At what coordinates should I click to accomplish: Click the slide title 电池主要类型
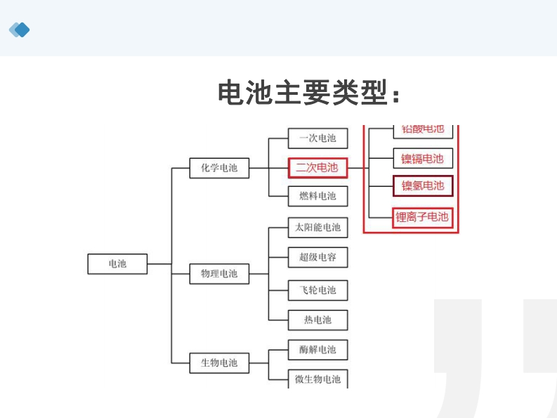pyautogui.click(x=309, y=93)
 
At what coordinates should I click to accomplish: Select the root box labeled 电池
pyautogui.click(x=117, y=263)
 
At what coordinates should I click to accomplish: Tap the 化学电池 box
pyautogui.click(x=219, y=168)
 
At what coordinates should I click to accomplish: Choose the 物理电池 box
pyautogui.click(x=219, y=273)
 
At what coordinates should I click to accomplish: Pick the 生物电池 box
pyautogui.click(x=219, y=363)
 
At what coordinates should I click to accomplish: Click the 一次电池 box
pyautogui.click(x=317, y=138)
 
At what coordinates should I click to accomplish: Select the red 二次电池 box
pyautogui.click(x=317, y=168)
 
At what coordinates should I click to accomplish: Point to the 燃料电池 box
pyautogui.click(x=317, y=196)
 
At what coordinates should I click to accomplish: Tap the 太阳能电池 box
pyautogui.click(x=317, y=228)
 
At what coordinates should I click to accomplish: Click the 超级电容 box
pyautogui.click(x=317, y=257)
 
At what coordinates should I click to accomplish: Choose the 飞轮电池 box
pyautogui.click(x=317, y=290)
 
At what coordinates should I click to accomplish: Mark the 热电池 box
pyautogui.click(x=317, y=320)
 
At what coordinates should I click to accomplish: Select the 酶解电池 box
pyautogui.click(x=317, y=349)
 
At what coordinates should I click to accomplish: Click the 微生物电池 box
pyautogui.click(x=317, y=379)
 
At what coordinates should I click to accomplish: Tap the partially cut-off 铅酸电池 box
pyautogui.click(x=423, y=129)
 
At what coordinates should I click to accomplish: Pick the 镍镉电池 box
pyautogui.click(x=423, y=159)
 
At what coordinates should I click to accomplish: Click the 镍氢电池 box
pyautogui.click(x=423, y=186)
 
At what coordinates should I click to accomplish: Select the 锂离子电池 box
pyautogui.click(x=422, y=217)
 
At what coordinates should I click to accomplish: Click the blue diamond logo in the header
pyautogui.click(x=20, y=30)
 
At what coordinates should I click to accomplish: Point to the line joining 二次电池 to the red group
pyautogui.click(x=355, y=168)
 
